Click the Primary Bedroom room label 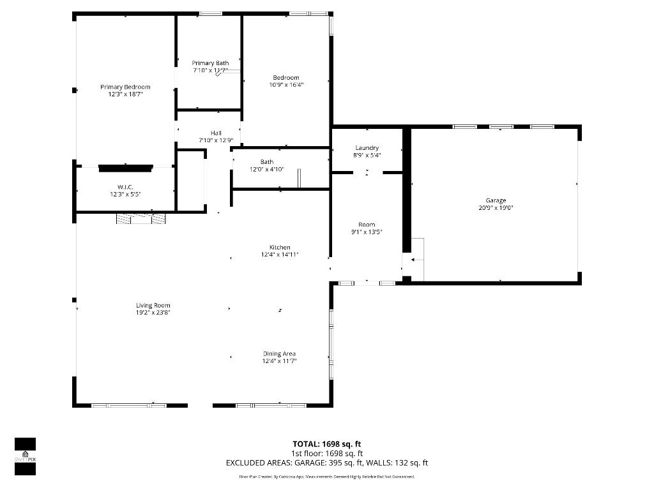[125, 87]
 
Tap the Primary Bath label [210, 63]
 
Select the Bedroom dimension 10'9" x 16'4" [285, 84]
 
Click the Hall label [216, 133]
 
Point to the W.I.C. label [125, 187]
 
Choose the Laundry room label [367, 148]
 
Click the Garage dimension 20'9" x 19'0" [496, 207]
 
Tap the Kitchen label [280, 248]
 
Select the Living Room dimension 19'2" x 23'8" [153, 313]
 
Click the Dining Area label [280, 353]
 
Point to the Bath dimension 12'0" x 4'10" [267, 169]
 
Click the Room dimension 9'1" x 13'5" [367, 232]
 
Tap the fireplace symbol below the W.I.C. [141, 219]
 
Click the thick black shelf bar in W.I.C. [126, 168]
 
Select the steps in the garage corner [416, 259]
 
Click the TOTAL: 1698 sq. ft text [327, 444]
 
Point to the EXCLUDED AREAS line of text [327, 463]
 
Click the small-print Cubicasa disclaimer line [327, 477]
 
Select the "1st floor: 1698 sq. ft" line [327, 454]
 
